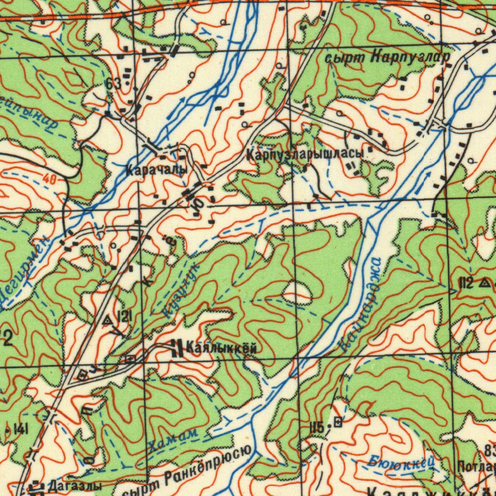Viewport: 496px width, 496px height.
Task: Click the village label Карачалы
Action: (156, 170)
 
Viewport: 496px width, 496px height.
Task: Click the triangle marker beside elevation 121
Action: (108, 319)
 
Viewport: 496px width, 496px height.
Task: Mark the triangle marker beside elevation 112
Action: (484, 283)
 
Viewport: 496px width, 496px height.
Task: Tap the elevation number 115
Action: (316, 427)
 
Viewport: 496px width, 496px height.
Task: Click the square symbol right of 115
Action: (338, 422)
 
